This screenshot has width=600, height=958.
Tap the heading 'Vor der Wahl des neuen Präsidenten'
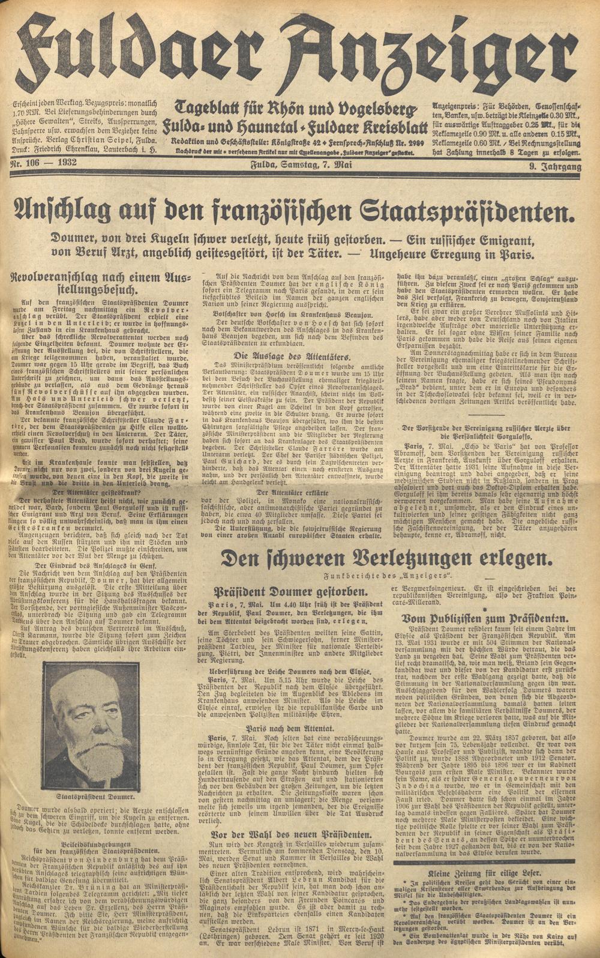click(x=289, y=834)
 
